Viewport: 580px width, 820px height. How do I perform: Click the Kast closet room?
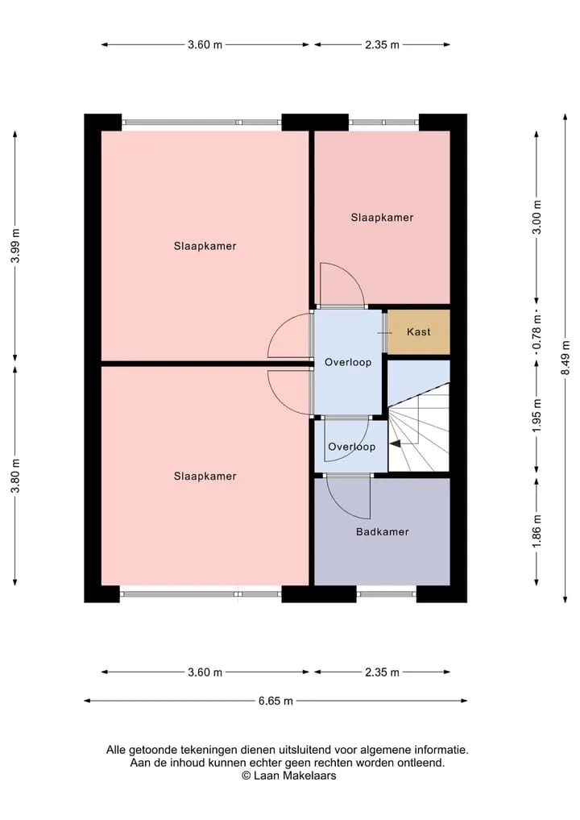coord(418,331)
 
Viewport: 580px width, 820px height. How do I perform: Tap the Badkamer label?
coord(382,532)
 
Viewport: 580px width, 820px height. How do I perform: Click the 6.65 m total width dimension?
coord(275,701)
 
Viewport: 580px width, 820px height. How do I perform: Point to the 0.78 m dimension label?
coord(536,332)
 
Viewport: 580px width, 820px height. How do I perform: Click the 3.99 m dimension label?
coord(15,245)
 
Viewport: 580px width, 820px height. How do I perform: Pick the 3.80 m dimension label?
coord(15,476)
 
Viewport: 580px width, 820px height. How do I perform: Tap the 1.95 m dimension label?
coord(536,416)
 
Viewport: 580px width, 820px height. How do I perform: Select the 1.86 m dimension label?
coord(536,531)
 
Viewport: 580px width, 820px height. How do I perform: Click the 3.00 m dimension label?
coord(536,217)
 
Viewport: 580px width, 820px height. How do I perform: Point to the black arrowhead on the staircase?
coord(395,443)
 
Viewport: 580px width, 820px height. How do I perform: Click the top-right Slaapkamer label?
coord(382,218)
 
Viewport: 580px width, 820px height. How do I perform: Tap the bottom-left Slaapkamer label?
coord(205,476)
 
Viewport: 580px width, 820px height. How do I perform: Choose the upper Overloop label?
coord(348,362)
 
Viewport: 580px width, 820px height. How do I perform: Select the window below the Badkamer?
coord(386,593)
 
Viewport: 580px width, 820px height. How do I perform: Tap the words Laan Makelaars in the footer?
coord(295,776)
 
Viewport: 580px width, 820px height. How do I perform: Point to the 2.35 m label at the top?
coord(382,45)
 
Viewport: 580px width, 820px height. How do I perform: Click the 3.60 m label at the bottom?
coord(205,672)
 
